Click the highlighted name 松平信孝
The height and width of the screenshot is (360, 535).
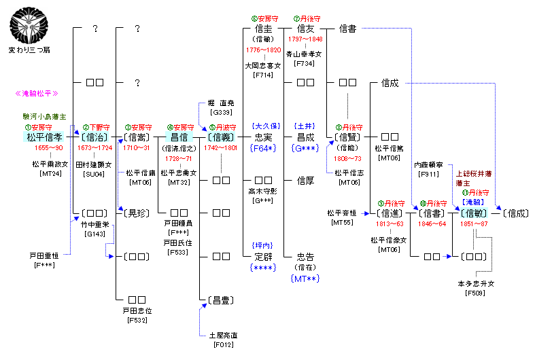[x=44, y=137]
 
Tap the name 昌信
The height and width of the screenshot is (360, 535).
[x=179, y=137]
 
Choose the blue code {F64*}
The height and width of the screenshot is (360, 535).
[x=262, y=148]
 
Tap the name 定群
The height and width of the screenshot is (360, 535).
[x=262, y=257]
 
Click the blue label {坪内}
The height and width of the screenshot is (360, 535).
[x=262, y=245]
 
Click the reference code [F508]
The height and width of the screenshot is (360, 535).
[x=474, y=293]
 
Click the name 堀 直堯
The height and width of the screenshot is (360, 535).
[x=222, y=103]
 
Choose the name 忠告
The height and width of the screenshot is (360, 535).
[x=306, y=257]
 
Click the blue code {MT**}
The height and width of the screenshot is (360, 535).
[x=306, y=278]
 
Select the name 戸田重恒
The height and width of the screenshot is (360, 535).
[x=44, y=255]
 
